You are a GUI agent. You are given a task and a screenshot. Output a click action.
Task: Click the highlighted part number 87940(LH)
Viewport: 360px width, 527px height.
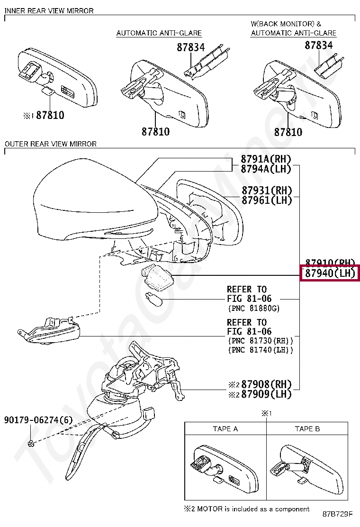(x=330, y=273)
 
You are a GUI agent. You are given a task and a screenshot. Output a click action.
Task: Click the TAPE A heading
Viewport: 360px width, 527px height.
(x=225, y=429)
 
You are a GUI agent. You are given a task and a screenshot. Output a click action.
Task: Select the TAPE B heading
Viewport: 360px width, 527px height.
(x=307, y=429)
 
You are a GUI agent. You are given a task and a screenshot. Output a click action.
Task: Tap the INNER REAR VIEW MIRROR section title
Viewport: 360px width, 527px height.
(x=49, y=10)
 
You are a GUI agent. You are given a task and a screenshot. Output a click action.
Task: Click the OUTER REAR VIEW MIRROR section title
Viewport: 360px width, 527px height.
(x=50, y=144)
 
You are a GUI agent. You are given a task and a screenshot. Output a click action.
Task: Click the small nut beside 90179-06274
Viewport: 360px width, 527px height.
(x=31, y=443)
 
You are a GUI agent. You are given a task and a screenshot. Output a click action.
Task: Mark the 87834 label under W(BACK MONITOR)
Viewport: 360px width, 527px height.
(x=318, y=45)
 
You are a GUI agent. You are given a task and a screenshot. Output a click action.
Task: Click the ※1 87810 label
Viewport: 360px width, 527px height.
(x=43, y=115)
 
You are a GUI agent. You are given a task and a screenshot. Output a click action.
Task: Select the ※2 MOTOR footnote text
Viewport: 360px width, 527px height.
(x=246, y=509)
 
